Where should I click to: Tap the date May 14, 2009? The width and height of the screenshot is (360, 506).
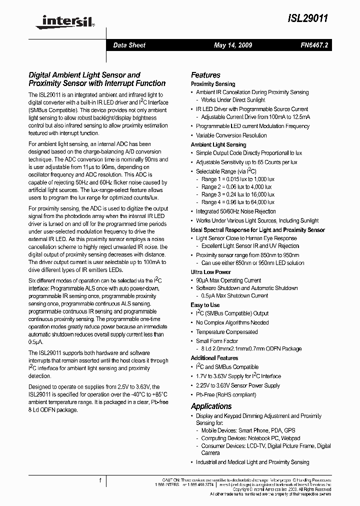(x=233, y=45)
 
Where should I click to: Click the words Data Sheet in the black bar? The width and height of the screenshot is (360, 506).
(x=129, y=45)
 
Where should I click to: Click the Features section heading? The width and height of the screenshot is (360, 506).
(x=205, y=75)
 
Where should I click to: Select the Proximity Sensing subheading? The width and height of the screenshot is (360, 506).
(x=213, y=84)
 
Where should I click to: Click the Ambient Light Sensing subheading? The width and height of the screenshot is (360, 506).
(x=218, y=144)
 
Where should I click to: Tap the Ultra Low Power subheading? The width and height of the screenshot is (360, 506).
(x=211, y=272)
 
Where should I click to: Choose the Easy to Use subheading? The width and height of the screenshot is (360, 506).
(x=205, y=305)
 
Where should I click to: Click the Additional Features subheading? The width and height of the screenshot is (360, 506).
(x=214, y=358)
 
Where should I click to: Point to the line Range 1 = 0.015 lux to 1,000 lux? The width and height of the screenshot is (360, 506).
(x=237, y=179)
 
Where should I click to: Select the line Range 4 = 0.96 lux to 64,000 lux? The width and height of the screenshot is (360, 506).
(x=238, y=202)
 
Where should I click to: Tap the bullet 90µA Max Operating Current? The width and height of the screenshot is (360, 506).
(x=228, y=280)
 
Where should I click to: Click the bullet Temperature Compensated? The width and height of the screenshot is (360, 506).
(x=227, y=332)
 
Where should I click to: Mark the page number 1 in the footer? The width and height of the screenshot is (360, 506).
(x=100, y=480)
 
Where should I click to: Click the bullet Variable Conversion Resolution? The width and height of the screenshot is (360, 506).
(x=231, y=135)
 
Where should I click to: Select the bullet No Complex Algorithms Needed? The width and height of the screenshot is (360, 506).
(x=232, y=323)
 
